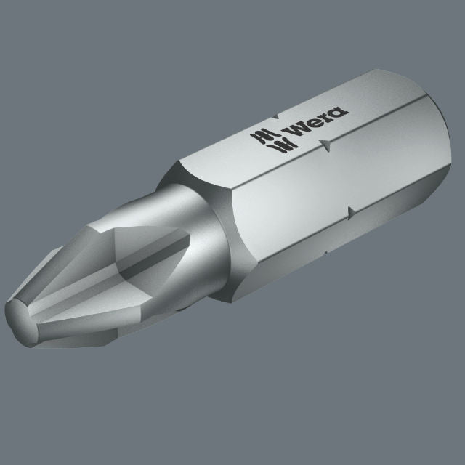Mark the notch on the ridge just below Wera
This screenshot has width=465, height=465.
tap(325, 145)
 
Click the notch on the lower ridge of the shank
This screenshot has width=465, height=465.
tap(352, 212)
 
